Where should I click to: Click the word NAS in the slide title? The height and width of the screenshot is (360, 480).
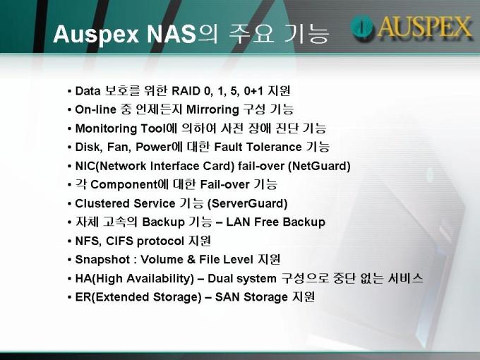[171, 33]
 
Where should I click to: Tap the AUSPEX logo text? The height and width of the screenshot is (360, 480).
[425, 27]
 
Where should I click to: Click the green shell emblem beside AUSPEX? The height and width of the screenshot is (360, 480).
[361, 27]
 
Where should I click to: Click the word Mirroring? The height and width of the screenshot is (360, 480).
[212, 110]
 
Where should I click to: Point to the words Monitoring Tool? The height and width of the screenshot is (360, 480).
[120, 128]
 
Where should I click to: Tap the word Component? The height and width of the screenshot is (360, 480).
[124, 185]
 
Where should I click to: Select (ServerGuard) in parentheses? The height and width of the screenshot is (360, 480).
[247, 203]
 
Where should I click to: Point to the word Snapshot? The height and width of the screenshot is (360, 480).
[102, 260]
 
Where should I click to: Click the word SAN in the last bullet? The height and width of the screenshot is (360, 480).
[227, 297]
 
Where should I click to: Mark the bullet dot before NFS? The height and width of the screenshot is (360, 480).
[69, 241]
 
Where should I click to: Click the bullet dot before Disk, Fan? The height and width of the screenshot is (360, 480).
[69, 148]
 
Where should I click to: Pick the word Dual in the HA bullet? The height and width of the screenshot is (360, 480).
[220, 279]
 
